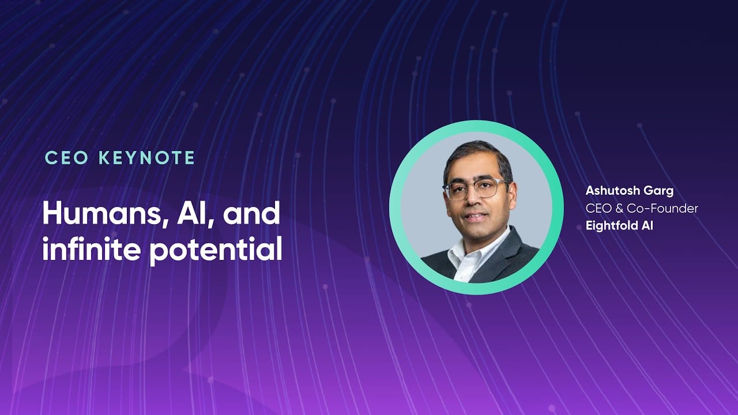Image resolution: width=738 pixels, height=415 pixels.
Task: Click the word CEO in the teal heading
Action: [66, 158]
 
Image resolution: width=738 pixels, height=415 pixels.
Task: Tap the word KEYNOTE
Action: [147, 158]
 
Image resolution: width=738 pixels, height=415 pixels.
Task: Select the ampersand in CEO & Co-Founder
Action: [619, 209]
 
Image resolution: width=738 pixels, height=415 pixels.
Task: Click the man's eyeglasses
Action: [476, 190]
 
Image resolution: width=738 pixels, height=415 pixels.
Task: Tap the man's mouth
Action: [475, 216]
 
